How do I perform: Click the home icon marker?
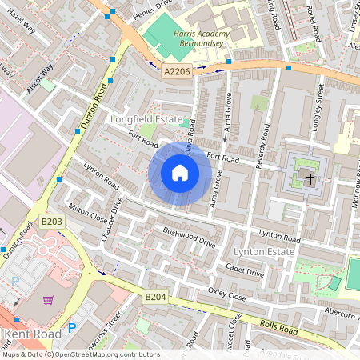(x=180, y=173)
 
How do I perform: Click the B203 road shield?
(x=51, y=221)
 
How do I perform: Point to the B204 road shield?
(x=155, y=297)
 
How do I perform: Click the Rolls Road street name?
(x=279, y=327)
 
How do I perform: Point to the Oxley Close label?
(x=226, y=294)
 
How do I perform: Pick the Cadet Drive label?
(x=244, y=271)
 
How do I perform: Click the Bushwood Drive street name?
(x=190, y=238)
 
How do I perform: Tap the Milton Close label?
(x=88, y=210)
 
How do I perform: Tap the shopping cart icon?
(x=49, y=300)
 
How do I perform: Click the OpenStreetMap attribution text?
(x=80, y=354)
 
